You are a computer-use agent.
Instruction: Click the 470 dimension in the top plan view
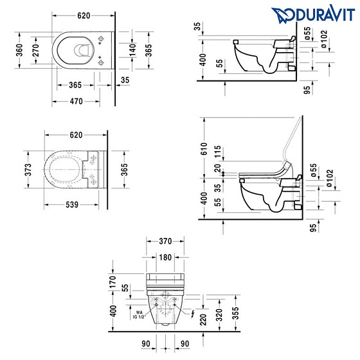pyautogui.click(x=76, y=102)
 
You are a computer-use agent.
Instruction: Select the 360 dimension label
pyautogui.click(x=20, y=50)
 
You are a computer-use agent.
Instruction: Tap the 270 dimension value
pyautogui.click(x=35, y=50)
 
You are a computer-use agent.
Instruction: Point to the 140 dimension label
pyautogui.click(x=132, y=50)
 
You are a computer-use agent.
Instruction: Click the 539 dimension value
pyautogui.click(x=72, y=204)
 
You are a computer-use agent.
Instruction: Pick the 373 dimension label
pyautogui.click(x=28, y=170)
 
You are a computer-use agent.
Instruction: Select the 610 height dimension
pyautogui.click(x=204, y=148)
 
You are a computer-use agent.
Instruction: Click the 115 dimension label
pyautogui.click(x=217, y=151)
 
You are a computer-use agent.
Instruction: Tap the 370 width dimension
pyautogui.click(x=165, y=241)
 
